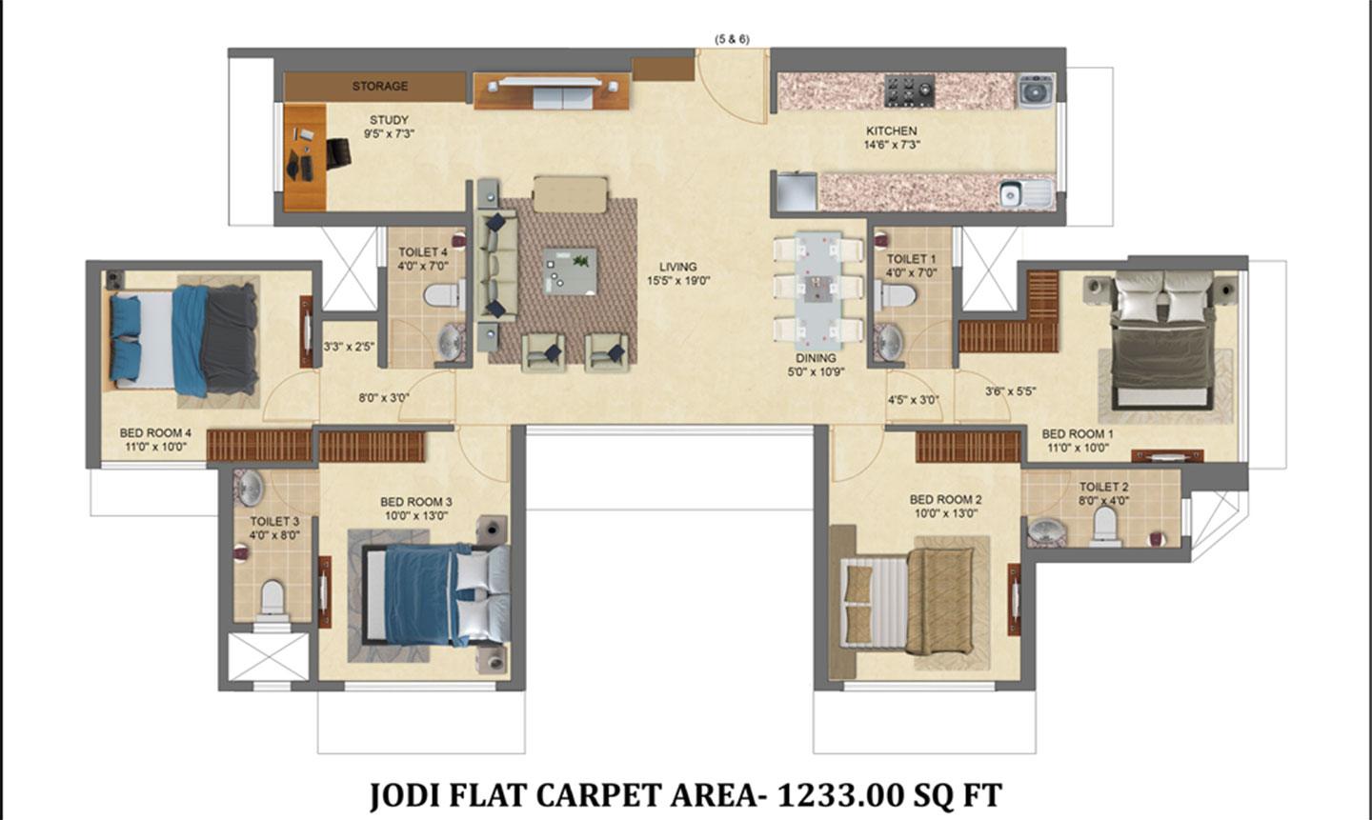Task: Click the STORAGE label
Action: click(380, 87)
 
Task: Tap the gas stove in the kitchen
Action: click(910, 90)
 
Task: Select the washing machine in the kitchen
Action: click(1037, 91)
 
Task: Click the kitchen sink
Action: click(1026, 194)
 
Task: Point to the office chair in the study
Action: click(338, 153)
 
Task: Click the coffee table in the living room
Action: click(570, 271)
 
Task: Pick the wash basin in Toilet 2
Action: click(1046, 530)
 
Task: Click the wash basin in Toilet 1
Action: click(888, 342)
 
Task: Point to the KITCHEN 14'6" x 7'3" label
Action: click(891, 138)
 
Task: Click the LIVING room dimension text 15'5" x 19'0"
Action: click(678, 281)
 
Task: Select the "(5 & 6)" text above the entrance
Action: click(732, 39)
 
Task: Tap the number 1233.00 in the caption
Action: click(840, 795)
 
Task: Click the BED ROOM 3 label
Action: click(415, 502)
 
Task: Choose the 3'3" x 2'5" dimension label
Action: click(349, 347)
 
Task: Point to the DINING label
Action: click(816, 358)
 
